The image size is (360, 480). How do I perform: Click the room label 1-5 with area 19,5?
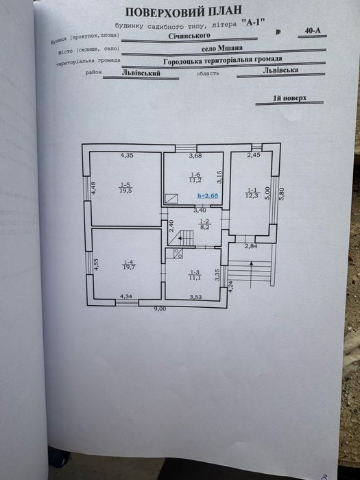coord(125,188)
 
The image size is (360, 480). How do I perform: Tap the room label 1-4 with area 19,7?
coord(129,265)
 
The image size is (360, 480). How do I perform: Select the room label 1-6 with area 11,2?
coord(195,177)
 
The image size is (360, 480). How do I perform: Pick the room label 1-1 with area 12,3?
coord(252,193)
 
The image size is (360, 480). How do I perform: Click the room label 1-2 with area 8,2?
coord(204,224)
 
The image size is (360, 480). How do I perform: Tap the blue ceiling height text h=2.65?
coord(208,195)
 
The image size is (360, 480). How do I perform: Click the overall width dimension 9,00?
coord(160,309)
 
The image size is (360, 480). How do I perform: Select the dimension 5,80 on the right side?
coord(282,194)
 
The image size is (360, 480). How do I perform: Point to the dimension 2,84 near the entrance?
coord(251,245)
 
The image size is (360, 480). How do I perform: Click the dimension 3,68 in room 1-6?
coord(195,156)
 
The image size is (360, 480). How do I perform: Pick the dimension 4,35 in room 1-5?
coord(127,155)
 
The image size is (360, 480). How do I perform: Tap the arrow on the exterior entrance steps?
coord(252,274)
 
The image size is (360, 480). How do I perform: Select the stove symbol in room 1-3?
coord(178,253)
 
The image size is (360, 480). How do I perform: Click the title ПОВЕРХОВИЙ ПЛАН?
coord(184,12)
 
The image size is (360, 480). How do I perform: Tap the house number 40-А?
coord(312,30)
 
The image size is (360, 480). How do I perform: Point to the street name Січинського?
coord(189,36)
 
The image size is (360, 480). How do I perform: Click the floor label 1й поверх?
coord(289,98)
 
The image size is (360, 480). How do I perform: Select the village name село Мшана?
coord(222,48)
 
